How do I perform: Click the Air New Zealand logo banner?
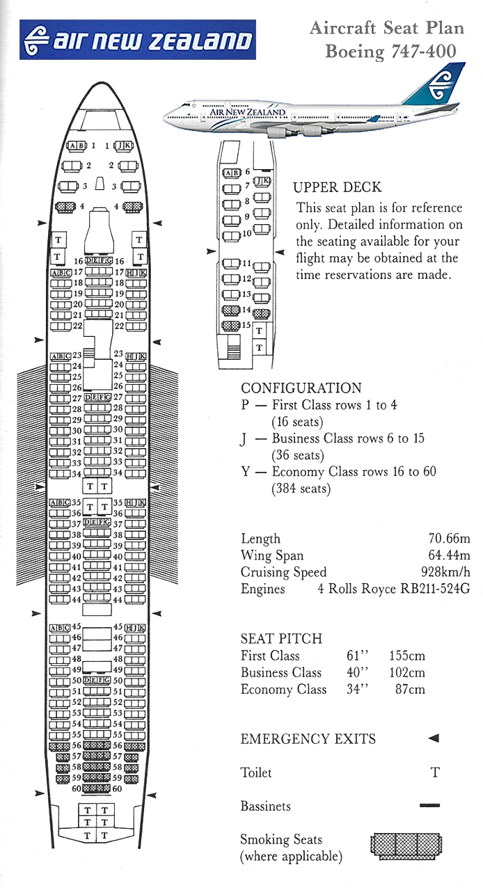(x=138, y=40)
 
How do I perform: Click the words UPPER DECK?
(x=337, y=187)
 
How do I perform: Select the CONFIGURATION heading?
(x=301, y=388)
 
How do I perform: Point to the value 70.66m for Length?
(x=450, y=539)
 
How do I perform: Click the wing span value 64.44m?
(x=450, y=555)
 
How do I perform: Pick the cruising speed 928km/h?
(x=445, y=571)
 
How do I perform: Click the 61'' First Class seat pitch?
(x=357, y=656)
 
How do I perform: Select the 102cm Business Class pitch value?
(x=407, y=672)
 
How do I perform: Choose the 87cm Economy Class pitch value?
(x=410, y=689)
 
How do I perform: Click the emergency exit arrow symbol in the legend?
(x=434, y=738)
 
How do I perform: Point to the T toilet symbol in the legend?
(x=435, y=772)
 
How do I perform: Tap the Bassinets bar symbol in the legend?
(x=430, y=805)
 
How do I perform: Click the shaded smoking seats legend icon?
(x=406, y=846)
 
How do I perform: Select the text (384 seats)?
(x=301, y=489)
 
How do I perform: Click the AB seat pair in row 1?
(x=77, y=146)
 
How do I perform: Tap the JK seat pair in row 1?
(x=124, y=146)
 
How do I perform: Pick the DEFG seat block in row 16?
(x=99, y=260)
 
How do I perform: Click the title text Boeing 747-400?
(x=390, y=51)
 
